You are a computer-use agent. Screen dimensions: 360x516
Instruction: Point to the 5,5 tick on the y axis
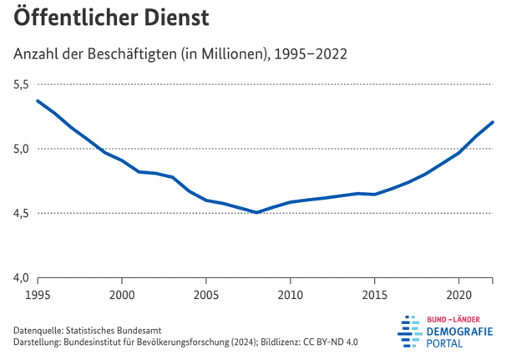tap(21, 84)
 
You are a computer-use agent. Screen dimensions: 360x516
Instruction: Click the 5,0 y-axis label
tap(21, 149)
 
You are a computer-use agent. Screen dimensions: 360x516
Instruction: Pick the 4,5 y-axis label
tap(21, 213)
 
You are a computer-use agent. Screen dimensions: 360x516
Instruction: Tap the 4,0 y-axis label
tap(21, 277)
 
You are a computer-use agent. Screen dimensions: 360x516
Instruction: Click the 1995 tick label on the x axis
tap(38, 295)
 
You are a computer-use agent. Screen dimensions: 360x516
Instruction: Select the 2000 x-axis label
tap(122, 295)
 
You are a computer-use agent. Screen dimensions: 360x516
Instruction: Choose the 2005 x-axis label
tap(206, 295)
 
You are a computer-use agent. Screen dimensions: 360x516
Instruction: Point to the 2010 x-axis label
tap(291, 295)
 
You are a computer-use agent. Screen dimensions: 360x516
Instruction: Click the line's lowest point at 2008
tap(256, 212)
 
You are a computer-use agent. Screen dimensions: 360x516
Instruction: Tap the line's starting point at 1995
tap(38, 101)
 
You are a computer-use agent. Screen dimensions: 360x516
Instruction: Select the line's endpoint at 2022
tap(493, 122)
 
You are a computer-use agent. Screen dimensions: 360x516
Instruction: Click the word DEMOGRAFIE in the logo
tap(459, 332)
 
